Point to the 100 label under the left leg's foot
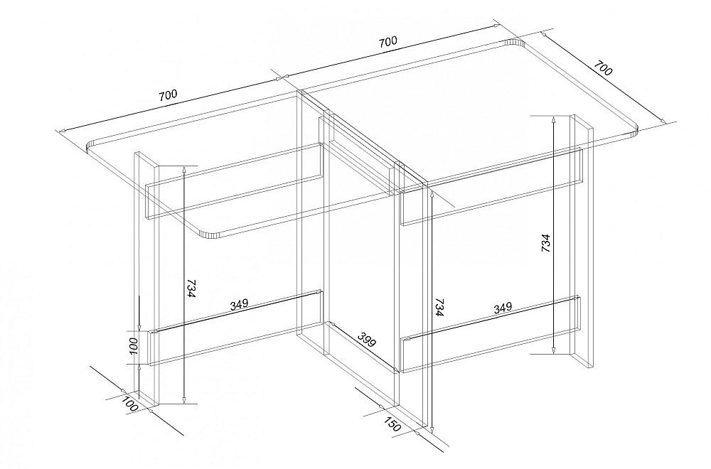point(129,403)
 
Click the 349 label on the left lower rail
point(239,305)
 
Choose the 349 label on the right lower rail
point(503,308)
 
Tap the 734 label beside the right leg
point(545,243)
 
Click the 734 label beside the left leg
point(191,289)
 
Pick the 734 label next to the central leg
point(439,306)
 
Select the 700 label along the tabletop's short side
point(603,68)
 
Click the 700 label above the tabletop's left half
point(168,95)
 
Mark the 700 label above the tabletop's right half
point(387,42)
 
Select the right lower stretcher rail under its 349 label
point(491,334)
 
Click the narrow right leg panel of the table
point(582,242)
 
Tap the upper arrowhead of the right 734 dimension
point(554,119)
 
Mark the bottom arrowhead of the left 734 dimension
point(184,399)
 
